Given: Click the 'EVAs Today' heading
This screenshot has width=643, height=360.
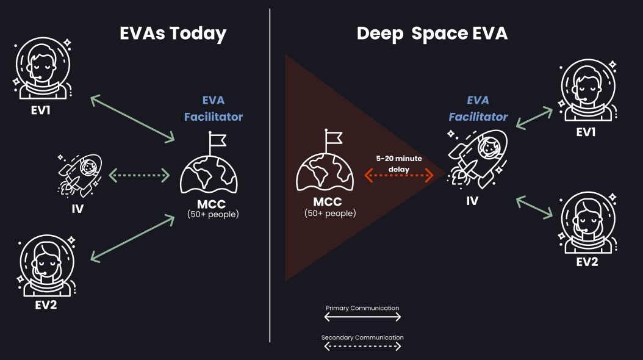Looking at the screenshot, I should pyautogui.click(x=173, y=33).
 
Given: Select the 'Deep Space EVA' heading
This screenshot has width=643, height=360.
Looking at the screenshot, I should pyautogui.click(x=432, y=33).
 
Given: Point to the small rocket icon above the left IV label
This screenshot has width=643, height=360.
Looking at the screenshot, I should pyautogui.click(x=79, y=175).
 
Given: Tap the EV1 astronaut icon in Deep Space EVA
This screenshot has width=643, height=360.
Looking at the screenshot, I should pyautogui.click(x=586, y=92).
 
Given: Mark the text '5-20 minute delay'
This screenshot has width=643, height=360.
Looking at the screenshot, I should pyautogui.click(x=398, y=163).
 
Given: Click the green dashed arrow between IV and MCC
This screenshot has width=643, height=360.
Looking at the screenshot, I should pyautogui.click(x=139, y=176).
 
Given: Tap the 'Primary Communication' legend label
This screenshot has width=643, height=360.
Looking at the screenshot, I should pyautogui.click(x=362, y=308).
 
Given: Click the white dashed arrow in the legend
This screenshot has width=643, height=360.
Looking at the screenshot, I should pyautogui.click(x=362, y=347).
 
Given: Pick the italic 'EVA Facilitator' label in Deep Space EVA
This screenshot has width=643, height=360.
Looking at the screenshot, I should pyautogui.click(x=478, y=108).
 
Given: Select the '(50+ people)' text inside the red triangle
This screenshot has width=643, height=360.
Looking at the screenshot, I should pyautogui.click(x=330, y=213).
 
